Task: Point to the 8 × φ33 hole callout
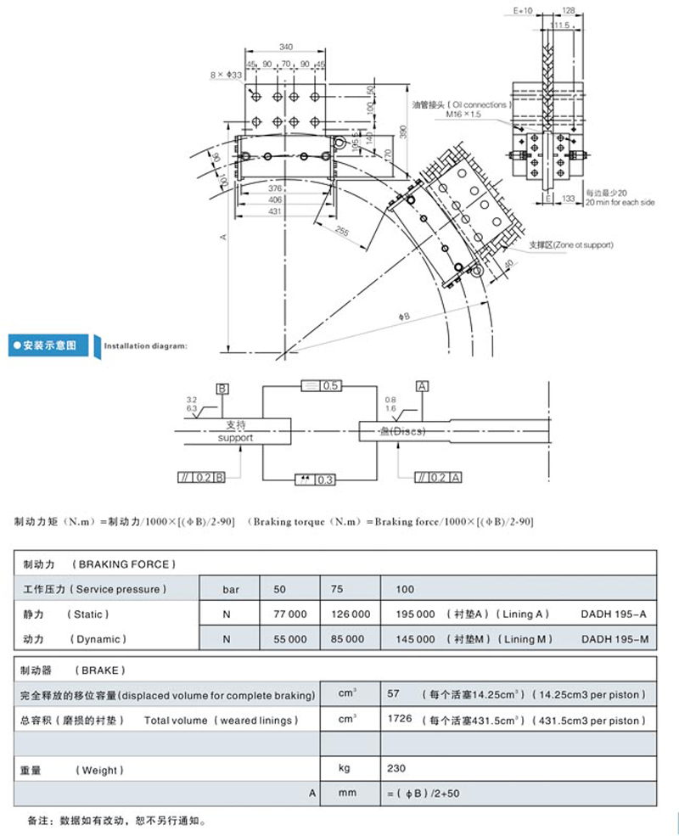tap(226, 76)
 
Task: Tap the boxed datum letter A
tap(422, 385)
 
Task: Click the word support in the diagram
tap(236, 438)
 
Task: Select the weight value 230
tap(396, 769)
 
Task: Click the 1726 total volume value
tap(399, 720)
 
